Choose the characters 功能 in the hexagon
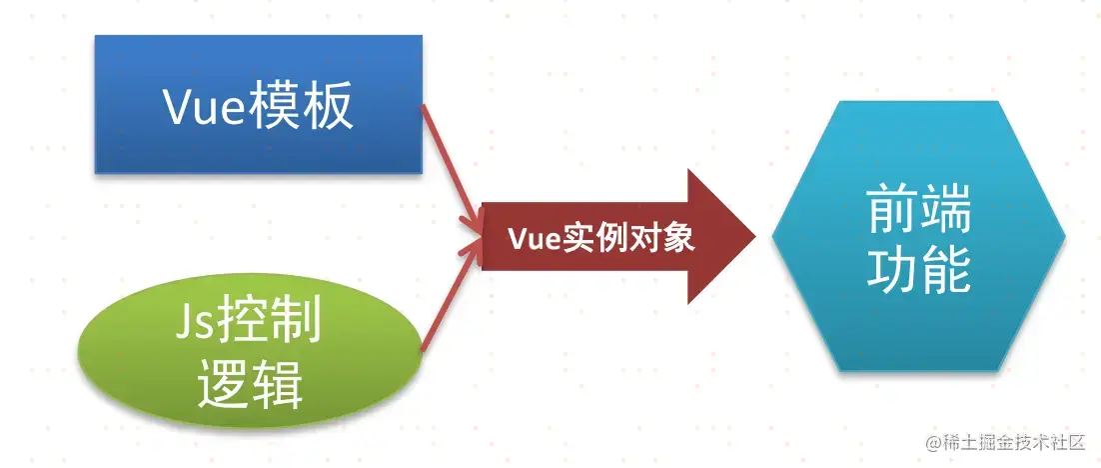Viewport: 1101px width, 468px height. tap(919, 270)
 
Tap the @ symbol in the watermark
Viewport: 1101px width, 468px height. tap(932, 441)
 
